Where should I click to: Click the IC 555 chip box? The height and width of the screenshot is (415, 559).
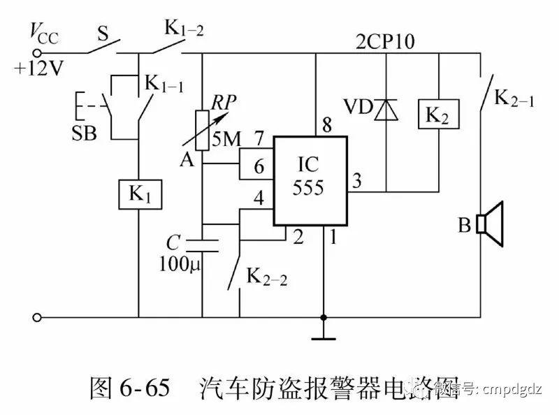310,180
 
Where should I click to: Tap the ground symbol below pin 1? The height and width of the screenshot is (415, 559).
324,339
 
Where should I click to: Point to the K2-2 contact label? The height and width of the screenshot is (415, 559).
266,278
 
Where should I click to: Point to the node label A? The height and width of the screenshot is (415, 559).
186,161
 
